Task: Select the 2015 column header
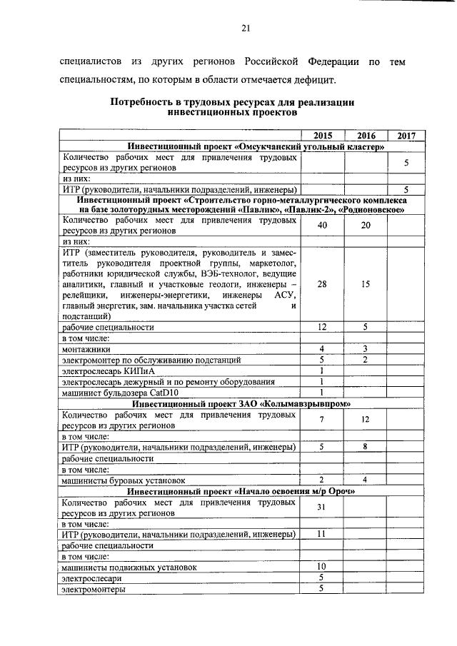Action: [322, 136]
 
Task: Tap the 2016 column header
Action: [366, 136]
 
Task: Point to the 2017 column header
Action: [406, 136]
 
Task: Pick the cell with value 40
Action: [322, 226]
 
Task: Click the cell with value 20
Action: [366, 226]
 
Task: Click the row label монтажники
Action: [86, 349]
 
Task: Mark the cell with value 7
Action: [322, 419]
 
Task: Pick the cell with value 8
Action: [366, 448]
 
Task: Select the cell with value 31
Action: [322, 508]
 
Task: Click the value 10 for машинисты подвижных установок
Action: [322, 567]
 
